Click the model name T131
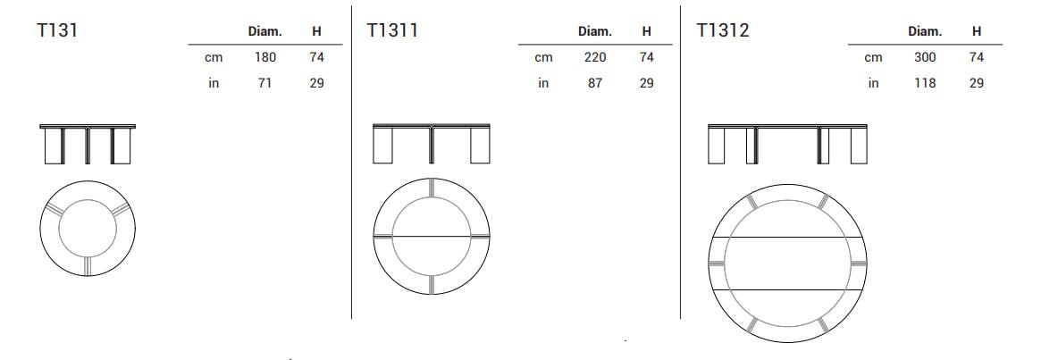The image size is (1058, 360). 57,30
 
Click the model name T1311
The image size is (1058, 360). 392,30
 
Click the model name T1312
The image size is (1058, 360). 723,30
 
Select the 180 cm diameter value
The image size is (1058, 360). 265,57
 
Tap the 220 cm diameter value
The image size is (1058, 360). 595,57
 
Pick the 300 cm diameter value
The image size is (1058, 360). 925,57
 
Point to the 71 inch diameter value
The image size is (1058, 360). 265,83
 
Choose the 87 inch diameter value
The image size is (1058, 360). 595,83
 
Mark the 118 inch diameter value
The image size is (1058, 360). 925,83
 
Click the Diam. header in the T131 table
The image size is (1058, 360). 265,31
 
